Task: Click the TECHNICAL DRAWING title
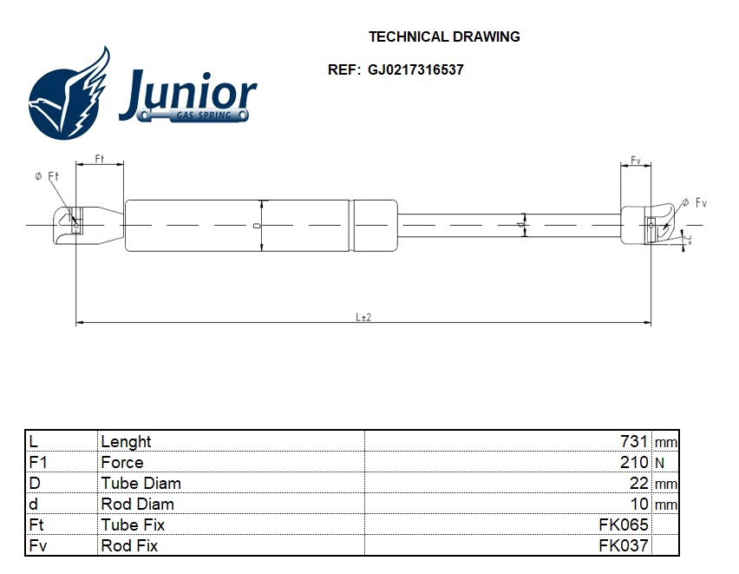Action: pos(444,36)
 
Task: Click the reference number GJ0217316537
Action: pos(415,69)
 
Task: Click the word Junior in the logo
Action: pos(187,94)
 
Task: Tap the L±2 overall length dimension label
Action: pos(363,318)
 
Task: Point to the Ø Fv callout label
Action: pos(695,202)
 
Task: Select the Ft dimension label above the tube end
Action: pos(99,159)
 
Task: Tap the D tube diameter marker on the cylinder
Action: pos(257,225)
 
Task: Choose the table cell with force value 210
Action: pos(635,462)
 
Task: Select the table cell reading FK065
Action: pos(624,525)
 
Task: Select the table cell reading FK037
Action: pos(624,545)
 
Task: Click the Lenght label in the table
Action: pos(126,441)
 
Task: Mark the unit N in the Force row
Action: pos(659,463)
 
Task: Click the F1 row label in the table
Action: pos(37,462)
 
